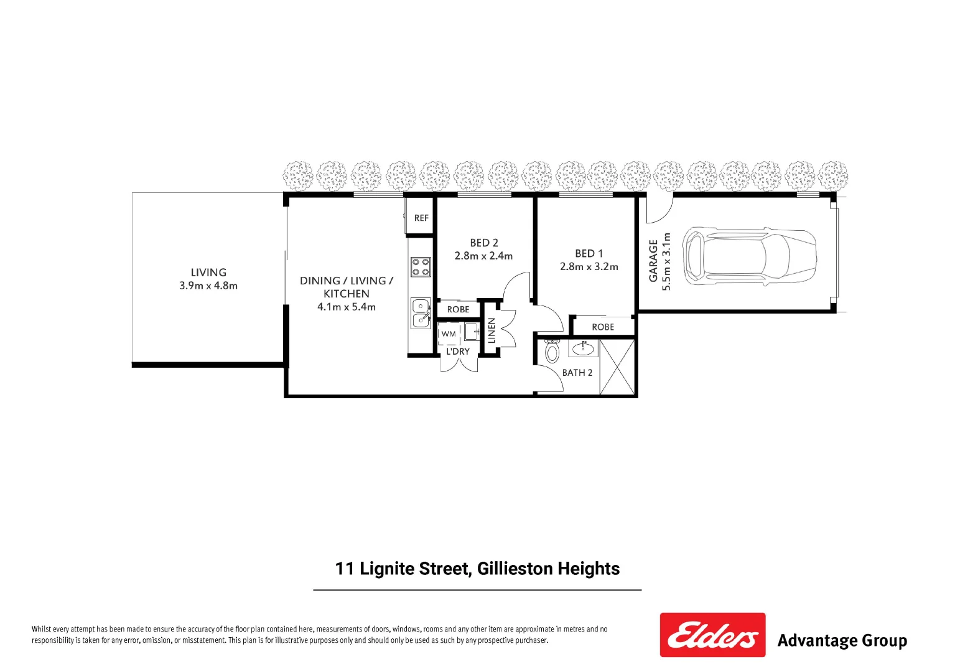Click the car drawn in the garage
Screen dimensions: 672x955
click(x=748, y=256)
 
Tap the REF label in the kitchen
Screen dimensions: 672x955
click(x=421, y=218)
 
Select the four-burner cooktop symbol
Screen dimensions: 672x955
click(x=421, y=267)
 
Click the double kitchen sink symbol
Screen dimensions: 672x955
click(x=421, y=312)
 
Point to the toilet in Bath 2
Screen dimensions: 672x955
click(x=552, y=352)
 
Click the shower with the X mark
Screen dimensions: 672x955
click(x=617, y=366)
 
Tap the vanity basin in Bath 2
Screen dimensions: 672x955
click(x=583, y=348)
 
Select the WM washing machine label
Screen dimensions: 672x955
click(x=449, y=334)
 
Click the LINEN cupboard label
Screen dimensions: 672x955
click(x=491, y=331)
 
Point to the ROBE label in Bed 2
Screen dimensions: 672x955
click(x=458, y=309)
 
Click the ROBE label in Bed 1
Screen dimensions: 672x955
click(x=603, y=327)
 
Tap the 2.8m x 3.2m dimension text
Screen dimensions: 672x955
click(x=589, y=267)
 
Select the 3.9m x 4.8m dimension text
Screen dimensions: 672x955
click(x=208, y=286)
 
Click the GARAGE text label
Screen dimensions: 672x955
click(x=654, y=261)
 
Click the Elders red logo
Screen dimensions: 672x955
click(x=712, y=635)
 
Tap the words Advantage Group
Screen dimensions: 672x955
click(x=842, y=640)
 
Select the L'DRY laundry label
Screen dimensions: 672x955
click(x=458, y=352)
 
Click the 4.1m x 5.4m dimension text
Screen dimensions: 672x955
click(x=347, y=307)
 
